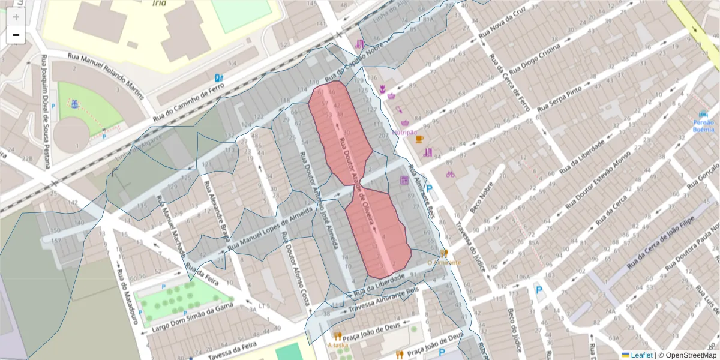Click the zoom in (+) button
coord(16,17)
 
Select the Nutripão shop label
coord(404,132)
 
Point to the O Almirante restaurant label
coord(444,262)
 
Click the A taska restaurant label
coord(338,345)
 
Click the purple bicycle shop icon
coord(450,174)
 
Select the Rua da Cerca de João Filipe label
coord(661,247)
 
